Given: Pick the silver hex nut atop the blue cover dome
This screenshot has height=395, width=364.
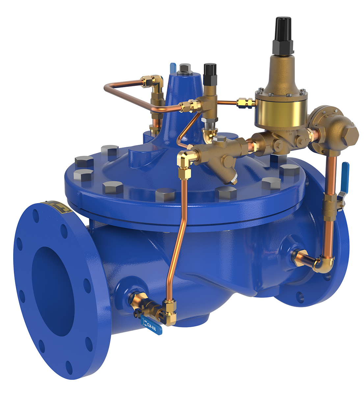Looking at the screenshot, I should [x=184, y=69].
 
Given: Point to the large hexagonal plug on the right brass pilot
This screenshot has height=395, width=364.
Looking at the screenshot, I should [x=350, y=132].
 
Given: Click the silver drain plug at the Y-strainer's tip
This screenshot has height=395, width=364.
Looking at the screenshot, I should [x=235, y=179].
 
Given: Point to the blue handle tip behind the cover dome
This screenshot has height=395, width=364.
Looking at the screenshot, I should [x=172, y=67].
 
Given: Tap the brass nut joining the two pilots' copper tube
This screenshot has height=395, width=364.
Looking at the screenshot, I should [x=246, y=103].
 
